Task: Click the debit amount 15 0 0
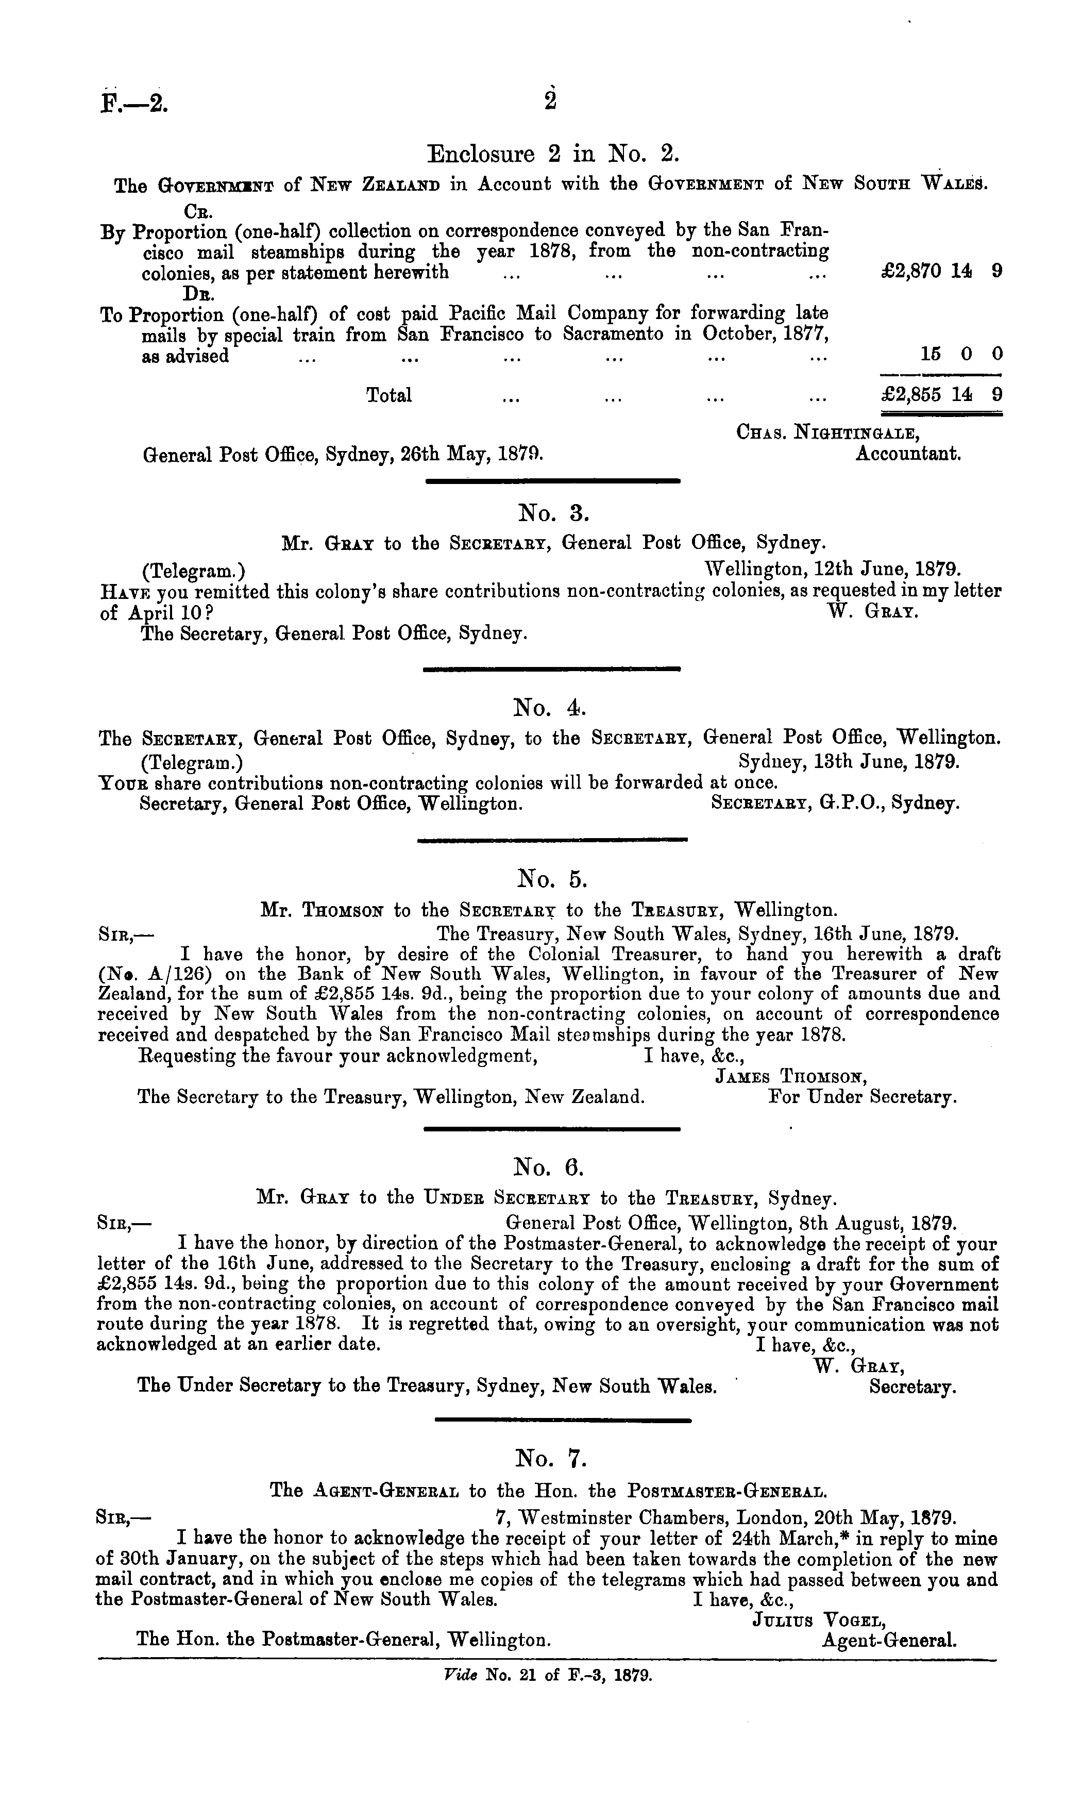[x=961, y=354]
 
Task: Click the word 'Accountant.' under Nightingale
[x=908, y=454]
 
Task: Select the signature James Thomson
[x=790, y=1077]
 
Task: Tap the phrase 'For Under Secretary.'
[x=863, y=1097]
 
